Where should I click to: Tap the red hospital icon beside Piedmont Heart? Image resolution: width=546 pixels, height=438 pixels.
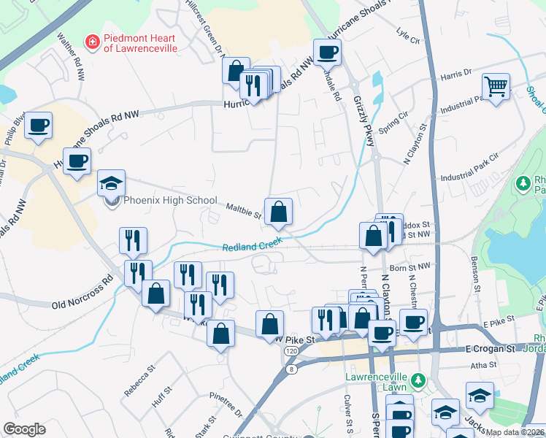click(x=92, y=42)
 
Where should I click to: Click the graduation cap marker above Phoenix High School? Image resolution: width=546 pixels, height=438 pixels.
click(x=111, y=183)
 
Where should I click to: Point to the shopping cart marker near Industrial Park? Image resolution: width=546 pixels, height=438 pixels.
click(x=496, y=87)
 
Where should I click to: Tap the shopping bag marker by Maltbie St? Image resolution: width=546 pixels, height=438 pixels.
click(x=278, y=212)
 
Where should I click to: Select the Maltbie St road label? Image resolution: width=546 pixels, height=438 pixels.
click(x=243, y=211)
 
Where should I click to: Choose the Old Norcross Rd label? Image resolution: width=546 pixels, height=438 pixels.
click(x=82, y=292)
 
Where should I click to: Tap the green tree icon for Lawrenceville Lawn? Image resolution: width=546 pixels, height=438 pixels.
click(x=418, y=380)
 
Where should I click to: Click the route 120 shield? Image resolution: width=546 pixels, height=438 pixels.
click(x=291, y=352)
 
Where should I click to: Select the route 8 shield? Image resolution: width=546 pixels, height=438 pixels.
click(x=293, y=369)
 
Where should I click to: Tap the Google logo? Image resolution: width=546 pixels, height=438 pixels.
click(x=24, y=429)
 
